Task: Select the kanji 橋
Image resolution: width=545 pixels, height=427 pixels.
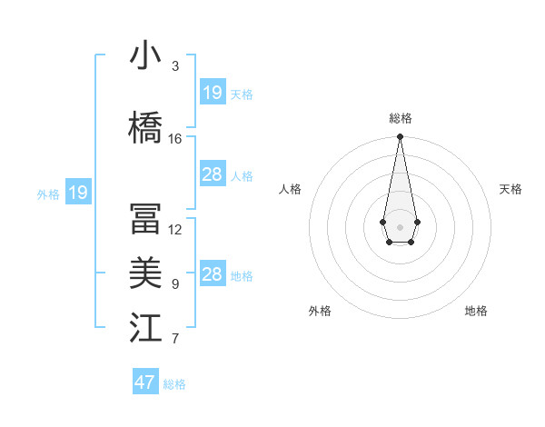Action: (x=145, y=126)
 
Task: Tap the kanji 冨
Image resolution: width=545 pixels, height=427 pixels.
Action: (x=145, y=219)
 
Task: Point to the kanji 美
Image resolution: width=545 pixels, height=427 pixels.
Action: (x=145, y=273)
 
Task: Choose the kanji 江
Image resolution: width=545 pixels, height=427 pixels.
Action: (x=145, y=328)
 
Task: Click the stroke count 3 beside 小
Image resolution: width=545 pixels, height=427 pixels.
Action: (x=174, y=66)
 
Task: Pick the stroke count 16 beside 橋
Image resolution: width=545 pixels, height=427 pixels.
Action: (x=175, y=138)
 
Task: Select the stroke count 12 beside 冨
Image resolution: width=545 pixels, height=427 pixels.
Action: (x=175, y=230)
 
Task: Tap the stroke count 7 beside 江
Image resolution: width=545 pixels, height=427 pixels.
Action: (x=174, y=340)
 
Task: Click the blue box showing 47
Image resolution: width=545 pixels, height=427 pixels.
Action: (x=145, y=382)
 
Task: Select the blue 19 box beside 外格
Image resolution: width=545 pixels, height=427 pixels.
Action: (x=78, y=193)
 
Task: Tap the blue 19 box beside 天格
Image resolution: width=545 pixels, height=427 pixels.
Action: (x=213, y=93)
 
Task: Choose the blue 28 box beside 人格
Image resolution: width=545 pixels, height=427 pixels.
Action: (x=213, y=174)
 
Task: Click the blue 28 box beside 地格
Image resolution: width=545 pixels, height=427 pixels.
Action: (x=213, y=274)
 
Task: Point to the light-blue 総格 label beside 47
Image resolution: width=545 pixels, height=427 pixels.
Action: (x=174, y=384)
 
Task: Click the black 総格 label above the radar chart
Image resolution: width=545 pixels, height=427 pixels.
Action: (x=400, y=118)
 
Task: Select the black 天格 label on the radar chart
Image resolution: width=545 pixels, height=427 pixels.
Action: (x=510, y=189)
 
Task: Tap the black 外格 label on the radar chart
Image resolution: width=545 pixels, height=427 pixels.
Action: (x=320, y=311)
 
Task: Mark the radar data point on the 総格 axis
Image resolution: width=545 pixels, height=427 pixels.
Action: (x=400, y=137)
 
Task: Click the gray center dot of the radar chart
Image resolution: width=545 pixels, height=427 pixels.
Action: (x=400, y=226)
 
